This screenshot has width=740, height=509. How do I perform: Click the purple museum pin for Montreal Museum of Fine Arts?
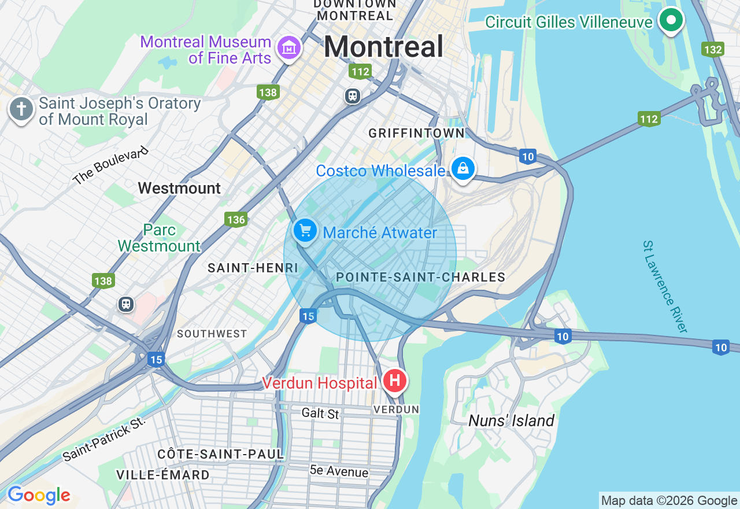pyautogui.click(x=288, y=47)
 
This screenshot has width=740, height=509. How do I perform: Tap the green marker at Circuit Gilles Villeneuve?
pyautogui.click(x=671, y=21)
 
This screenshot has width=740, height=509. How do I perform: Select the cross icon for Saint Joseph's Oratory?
pyautogui.click(x=21, y=109)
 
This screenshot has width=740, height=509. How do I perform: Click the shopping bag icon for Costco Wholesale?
pyautogui.click(x=463, y=169)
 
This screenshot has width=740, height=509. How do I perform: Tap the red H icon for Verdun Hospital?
pyautogui.click(x=395, y=381)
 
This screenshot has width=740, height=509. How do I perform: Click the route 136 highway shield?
pyautogui.click(x=236, y=219)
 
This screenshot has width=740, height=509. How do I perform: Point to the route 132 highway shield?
pyautogui.click(x=713, y=49)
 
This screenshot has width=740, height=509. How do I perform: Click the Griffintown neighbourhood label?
pyautogui.click(x=416, y=133)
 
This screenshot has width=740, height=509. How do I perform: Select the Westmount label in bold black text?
pyautogui.click(x=179, y=188)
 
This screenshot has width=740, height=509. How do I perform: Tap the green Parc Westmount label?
pyautogui.click(x=159, y=238)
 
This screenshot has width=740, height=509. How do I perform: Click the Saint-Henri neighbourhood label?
pyautogui.click(x=253, y=268)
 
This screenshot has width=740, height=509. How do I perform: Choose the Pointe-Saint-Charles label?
pyautogui.click(x=421, y=277)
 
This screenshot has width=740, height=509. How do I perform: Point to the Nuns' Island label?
pyautogui.click(x=511, y=421)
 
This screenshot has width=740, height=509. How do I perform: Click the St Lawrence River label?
pyautogui.click(x=665, y=286)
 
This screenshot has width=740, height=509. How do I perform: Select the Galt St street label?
pyautogui.click(x=320, y=413)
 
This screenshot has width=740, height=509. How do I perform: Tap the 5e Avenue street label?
pyautogui.click(x=339, y=471)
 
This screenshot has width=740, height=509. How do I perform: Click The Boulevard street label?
pyautogui.click(x=111, y=165)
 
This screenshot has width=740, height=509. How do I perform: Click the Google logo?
pyautogui.click(x=39, y=496)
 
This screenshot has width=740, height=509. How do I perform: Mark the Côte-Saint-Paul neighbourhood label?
pyautogui.click(x=220, y=454)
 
